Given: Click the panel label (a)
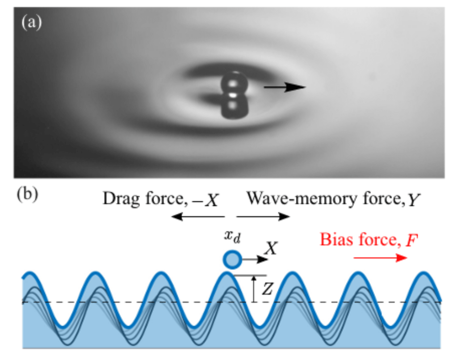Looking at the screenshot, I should (x=31, y=21).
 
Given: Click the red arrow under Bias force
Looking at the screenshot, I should (x=380, y=258).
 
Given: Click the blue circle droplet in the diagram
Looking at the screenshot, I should (x=232, y=259).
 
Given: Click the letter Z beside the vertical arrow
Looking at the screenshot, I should (x=267, y=289).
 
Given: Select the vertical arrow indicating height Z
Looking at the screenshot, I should (x=253, y=288).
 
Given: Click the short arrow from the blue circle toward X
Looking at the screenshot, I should (x=252, y=259).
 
